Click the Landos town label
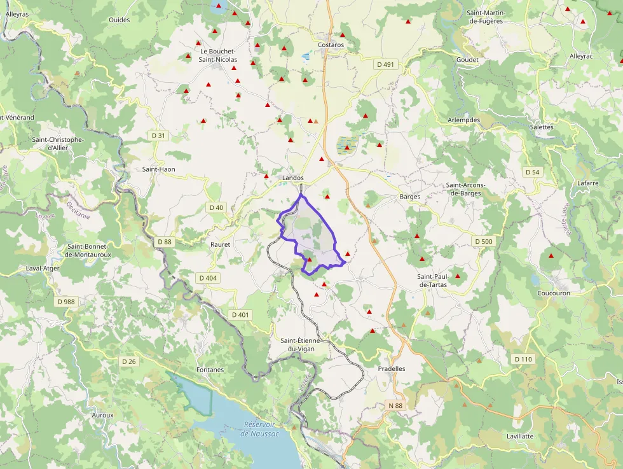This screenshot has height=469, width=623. pos(292,178)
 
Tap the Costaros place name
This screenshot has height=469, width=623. pos(331,45)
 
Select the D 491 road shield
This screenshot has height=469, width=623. pos(385,64)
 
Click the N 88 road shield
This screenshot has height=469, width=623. pos(395,405)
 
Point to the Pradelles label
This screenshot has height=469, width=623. pos(391,369)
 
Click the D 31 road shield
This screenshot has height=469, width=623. pos(158,136)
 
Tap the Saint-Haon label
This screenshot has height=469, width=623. pos(158,169)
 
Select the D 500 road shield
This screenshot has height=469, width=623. pos(483,241)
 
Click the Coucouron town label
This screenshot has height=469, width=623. pos(553,293)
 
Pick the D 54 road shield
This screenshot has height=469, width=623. pos(532,172)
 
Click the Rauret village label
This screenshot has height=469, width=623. pos(220,244)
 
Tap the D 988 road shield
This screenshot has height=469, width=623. pos(65,302)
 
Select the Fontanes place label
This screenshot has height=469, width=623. pos(210,370)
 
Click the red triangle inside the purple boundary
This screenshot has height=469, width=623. pos(310,260)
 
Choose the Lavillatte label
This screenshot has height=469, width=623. pos(520,437)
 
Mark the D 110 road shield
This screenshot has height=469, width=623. pos(523,360)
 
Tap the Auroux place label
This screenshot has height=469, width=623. pos(102,415)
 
